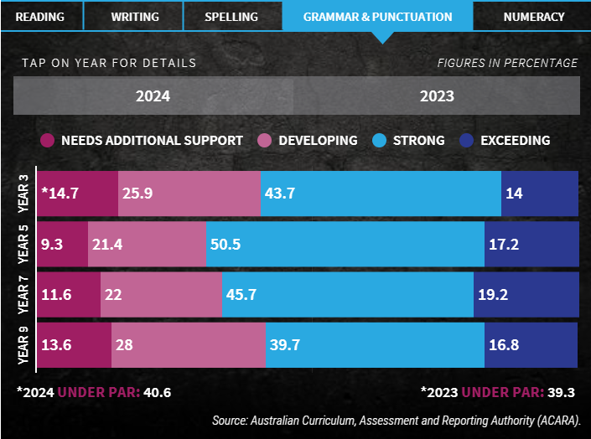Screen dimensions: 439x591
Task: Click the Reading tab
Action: click(39, 17)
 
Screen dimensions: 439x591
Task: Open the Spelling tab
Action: click(231, 17)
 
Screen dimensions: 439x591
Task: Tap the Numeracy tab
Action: click(533, 17)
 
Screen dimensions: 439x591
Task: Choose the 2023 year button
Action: click(438, 96)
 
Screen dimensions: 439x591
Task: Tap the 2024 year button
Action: click(153, 96)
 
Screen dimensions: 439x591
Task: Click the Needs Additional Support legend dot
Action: click(47, 141)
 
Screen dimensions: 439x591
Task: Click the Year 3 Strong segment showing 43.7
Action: click(381, 194)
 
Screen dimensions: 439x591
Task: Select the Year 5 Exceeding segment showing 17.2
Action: click(531, 245)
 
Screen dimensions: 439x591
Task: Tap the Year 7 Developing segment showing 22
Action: click(161, 295)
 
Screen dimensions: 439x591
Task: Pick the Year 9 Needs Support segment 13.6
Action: click(74, 345)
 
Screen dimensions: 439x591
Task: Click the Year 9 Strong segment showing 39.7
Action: click(375, 345)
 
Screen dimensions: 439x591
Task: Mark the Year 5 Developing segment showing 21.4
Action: click(146, 245)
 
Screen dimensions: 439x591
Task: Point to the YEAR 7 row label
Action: click(23, 295)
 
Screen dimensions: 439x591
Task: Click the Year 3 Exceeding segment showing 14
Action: click(540, 194)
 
